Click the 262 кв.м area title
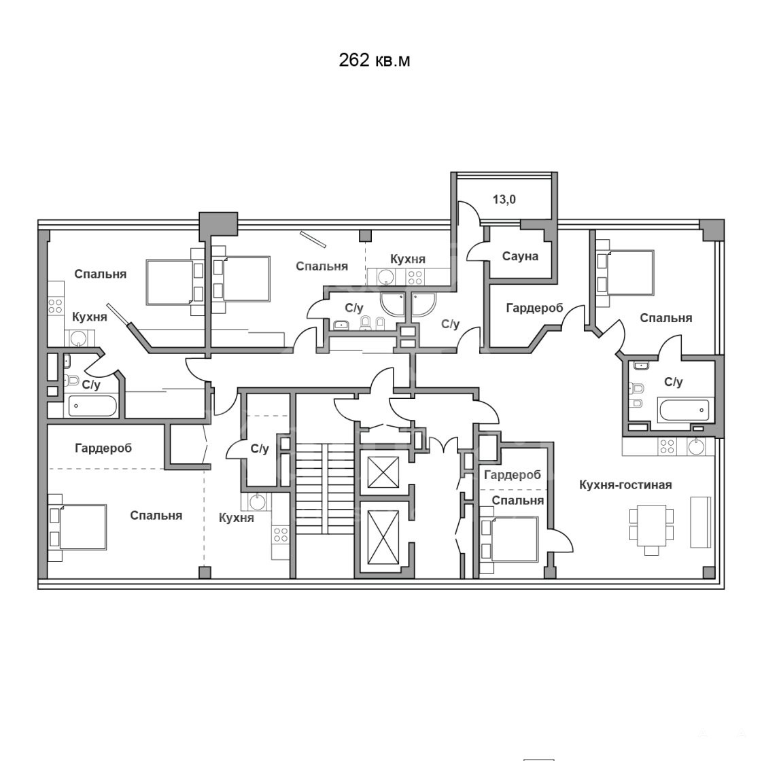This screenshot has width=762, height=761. click(x=374, y=60)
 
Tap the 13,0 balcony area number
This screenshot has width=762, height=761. click(x=504, y=199)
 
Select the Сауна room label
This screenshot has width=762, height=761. click(x=520, y=256)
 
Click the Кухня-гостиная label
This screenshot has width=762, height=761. click(x=625, y=484)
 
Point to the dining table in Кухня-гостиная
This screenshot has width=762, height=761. click(x=652, y=530)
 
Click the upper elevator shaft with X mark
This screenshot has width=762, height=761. click(x=383, y=472)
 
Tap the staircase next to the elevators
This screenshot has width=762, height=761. click(x=325, y=489)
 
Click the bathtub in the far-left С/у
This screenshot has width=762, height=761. click(x=92, y=406)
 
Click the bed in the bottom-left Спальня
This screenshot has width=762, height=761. click(x=77, y=527)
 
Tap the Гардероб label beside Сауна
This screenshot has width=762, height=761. click(x=534, y=308)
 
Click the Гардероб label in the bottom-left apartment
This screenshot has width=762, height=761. click(x=103, y=448)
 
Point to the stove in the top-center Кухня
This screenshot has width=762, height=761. click(x=415, y=277)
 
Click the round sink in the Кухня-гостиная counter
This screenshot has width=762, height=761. click(x=696, y=446)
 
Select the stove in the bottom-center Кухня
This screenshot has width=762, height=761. click(x=281, y=535)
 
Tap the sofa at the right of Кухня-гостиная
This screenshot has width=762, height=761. click(x=700, y=522)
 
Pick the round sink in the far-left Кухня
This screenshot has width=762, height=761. click(x=77, y=338)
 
